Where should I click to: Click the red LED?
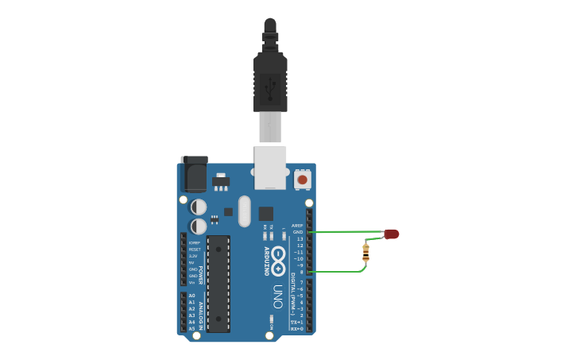click(x=392, y=234)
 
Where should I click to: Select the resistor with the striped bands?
click(x=365, y=253)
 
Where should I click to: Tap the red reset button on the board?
click(x=302, y=180)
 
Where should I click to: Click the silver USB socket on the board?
click(x=270, y=167)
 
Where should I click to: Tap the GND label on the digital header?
click(x=298, y=232)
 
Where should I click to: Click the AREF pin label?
click(x=298, y=226)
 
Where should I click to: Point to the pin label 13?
click(x=300, y=239)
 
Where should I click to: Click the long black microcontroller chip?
click(x=218, y=283)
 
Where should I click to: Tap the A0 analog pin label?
click(x=191, y=296)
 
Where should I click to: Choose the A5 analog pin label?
click(x=191, y=328)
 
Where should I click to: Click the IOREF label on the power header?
click(x=194, y=242)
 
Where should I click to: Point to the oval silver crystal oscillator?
click(x=244, y=211)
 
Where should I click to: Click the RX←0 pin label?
click(x=297, y=328)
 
